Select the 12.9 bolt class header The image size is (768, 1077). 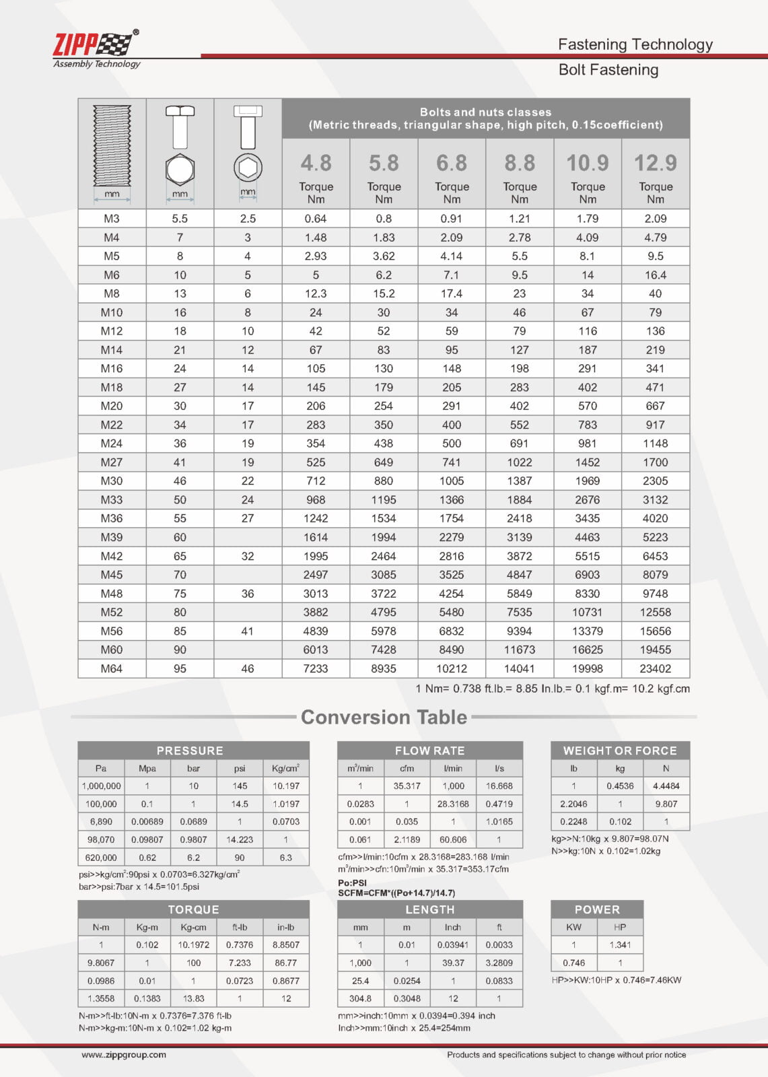click(x=655, y=164)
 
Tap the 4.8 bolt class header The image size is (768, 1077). click(x=316, y=164)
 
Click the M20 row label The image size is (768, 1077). click(x=112, y=406)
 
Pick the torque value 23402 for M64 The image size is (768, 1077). click(x=655, y=668)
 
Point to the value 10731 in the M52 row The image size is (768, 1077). click(x=588, y=612)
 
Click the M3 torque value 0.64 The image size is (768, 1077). click(x=316, y=219)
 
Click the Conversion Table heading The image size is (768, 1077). click(x=384, y=717)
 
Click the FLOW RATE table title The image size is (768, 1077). click(x=429, y=751)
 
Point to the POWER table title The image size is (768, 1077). click(x=597, y=909)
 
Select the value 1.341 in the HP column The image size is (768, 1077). click(x=620, y=945)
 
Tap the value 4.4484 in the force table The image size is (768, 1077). click(x=666, y=786)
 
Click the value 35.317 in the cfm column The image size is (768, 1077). click(x=407, y=786)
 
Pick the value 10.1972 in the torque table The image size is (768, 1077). click(x=193, y=945)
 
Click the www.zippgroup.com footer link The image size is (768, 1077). click(x=124, y=1055)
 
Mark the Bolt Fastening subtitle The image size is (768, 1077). click(x=608, y=70)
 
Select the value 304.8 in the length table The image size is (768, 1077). click(x=360, y=999)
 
